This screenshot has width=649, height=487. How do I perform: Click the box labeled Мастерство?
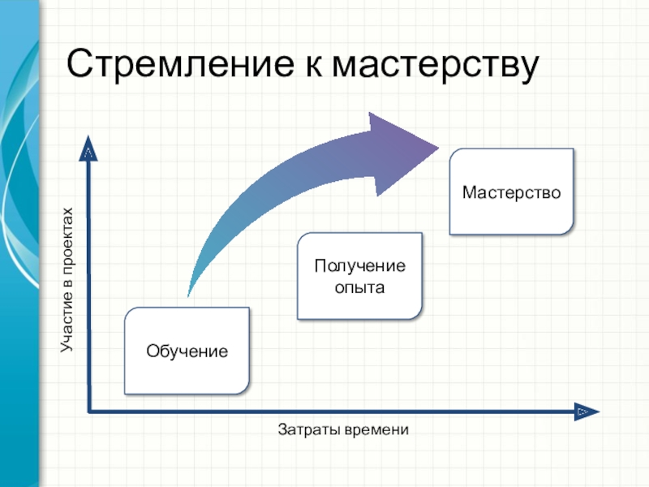(511, 192)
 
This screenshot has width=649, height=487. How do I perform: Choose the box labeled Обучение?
(187, 351)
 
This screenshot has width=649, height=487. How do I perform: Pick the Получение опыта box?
(360, 276)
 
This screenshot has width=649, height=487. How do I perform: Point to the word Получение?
(360, 266)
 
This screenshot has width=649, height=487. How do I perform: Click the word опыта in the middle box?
(360, 287)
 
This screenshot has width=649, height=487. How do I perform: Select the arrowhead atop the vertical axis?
(88, 151)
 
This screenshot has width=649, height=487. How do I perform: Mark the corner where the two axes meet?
(88, 412)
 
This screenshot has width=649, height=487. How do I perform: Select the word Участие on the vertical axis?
(67, 325)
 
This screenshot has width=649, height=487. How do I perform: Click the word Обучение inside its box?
(187, 351)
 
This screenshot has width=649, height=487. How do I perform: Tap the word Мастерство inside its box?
(511, 193)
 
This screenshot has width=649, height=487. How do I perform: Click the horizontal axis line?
(324, 412)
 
